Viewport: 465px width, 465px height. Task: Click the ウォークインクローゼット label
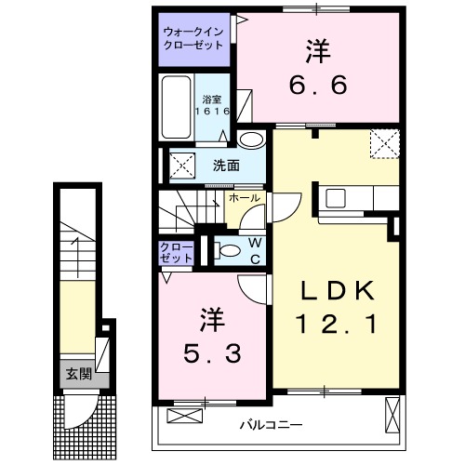193,36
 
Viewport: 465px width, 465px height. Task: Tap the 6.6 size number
317,85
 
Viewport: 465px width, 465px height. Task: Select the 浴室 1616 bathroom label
212,105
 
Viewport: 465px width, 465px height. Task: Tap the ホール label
244,198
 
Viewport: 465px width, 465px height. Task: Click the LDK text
335,293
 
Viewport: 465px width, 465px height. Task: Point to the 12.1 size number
335,325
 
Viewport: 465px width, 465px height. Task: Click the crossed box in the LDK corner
382,144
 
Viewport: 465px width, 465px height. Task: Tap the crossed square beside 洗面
180,166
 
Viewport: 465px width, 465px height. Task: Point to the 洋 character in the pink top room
317,47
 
